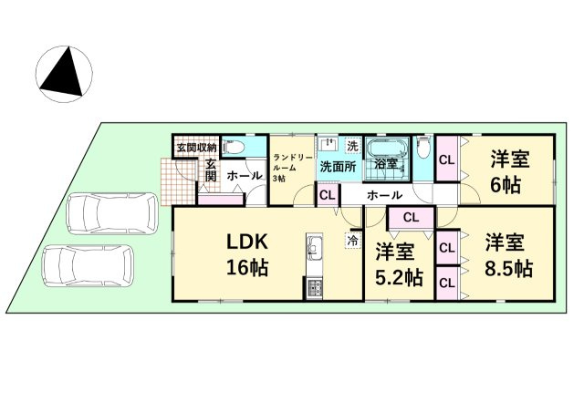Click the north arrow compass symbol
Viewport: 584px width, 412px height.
click(64, 74)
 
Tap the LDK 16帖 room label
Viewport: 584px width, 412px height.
click(247, 255)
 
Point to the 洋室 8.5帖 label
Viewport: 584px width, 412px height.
click(508, 255)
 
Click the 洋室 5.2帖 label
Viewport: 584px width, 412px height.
click(399, 264)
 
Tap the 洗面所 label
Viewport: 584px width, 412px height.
click(339, 167)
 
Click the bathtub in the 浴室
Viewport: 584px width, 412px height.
click(387, 149)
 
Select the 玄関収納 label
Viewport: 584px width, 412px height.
click(196, 148)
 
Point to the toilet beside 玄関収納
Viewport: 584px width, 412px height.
click(234, 148)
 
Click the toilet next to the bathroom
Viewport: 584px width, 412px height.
click(423, 148)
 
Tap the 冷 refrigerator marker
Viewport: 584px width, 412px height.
click(353, 241)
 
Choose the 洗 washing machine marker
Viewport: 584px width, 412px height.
click(352, 146)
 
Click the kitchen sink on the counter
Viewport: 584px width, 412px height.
click(315, 247)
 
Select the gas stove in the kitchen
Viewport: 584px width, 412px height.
click(315, 287)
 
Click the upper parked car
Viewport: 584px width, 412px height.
click(112, 213)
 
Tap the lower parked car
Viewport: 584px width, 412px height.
click(89, 265)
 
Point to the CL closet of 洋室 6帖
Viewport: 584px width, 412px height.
click(447, 160)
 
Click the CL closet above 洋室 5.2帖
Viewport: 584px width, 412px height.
click(412, 217)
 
